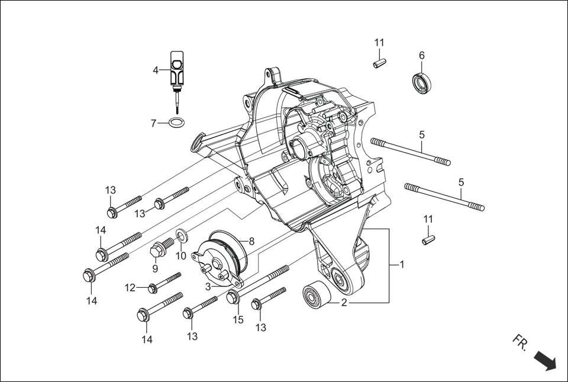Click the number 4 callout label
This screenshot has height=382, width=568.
click(156, 70)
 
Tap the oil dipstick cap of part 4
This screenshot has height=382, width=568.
click(177, 66)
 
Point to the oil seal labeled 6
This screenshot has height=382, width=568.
click(421, 82)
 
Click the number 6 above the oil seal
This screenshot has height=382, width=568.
click(422, 55)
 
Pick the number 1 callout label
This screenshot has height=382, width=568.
click(402, 264)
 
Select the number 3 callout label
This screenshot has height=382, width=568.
click(208, 287)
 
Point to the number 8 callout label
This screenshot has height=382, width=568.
click(251, 241)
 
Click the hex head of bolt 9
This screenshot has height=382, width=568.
click(158, 249)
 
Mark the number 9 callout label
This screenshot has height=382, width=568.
click(155, 268)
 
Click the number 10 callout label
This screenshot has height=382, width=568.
click(181, 256)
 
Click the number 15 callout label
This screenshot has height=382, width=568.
click(238, 320)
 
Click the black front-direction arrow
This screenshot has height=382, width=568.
click(544, 360)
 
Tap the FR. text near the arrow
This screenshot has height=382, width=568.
click(520, 342)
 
